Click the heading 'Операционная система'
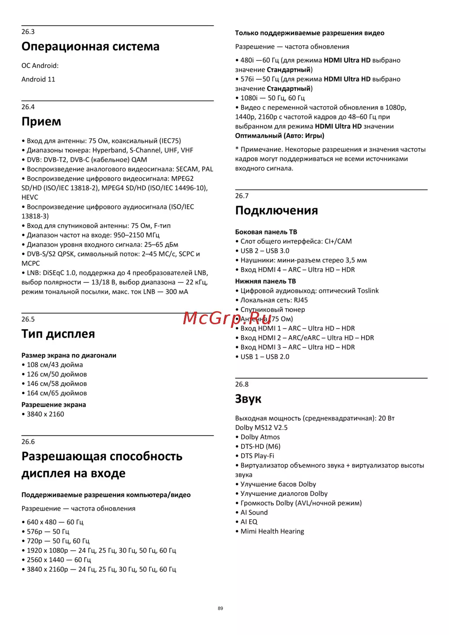pyautogui.click(x=90, y=47)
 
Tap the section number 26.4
pyautogui.click(x=28, y=107)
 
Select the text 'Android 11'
pyautogui.click(x=38, y=79)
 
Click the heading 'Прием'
pyautogui.click(x=41, y=122)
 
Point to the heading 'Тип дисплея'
pyautogui.click(x=58, y=334)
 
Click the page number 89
pyautogui.click(x=220, y=609)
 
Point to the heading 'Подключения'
pyautogui.click(x=276, y=211)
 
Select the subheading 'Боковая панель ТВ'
pyautogui.click(x=266, y=232)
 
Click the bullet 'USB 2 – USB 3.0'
pyautogui.click(x=264, y=251)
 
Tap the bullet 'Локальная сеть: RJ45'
pyautogui.click(x=274, y=300)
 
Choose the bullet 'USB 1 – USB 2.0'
pyautogui.click(x=264, y=357)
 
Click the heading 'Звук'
pyautogui.click(x=248, y=399)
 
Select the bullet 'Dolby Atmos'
pyautogui.click(x=260, y=437)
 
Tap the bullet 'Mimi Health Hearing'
pyautogui.click(x=272, y=531)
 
